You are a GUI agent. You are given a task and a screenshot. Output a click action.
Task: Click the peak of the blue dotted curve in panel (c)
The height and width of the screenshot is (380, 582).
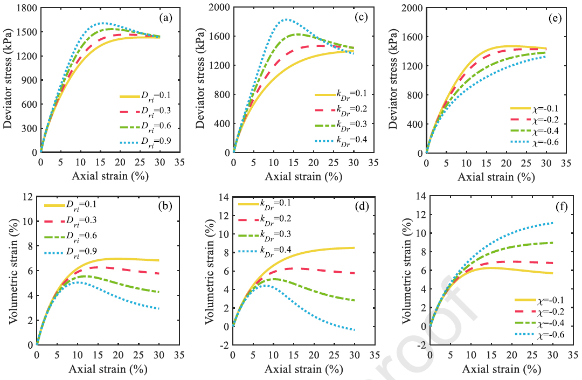(286, 19)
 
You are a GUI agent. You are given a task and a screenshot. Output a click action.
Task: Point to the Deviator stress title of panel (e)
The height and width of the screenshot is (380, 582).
(401, 80)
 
